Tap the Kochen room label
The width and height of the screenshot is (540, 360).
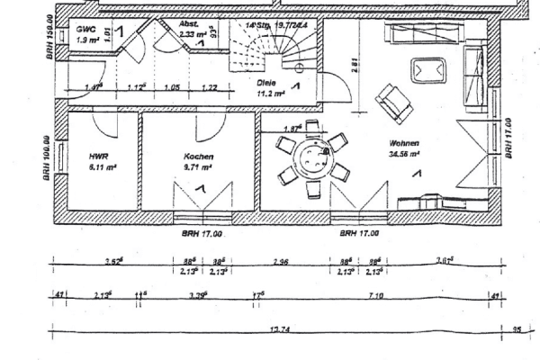(198, 155)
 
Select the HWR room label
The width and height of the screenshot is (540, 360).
(98, 155)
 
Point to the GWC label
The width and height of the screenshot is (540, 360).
(85, 30)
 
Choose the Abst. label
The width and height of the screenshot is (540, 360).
(189, 25)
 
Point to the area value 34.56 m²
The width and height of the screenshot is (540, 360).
(405, 154)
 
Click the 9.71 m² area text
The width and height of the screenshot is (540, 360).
(198, 166)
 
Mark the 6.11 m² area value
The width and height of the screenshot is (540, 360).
(98, 166)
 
